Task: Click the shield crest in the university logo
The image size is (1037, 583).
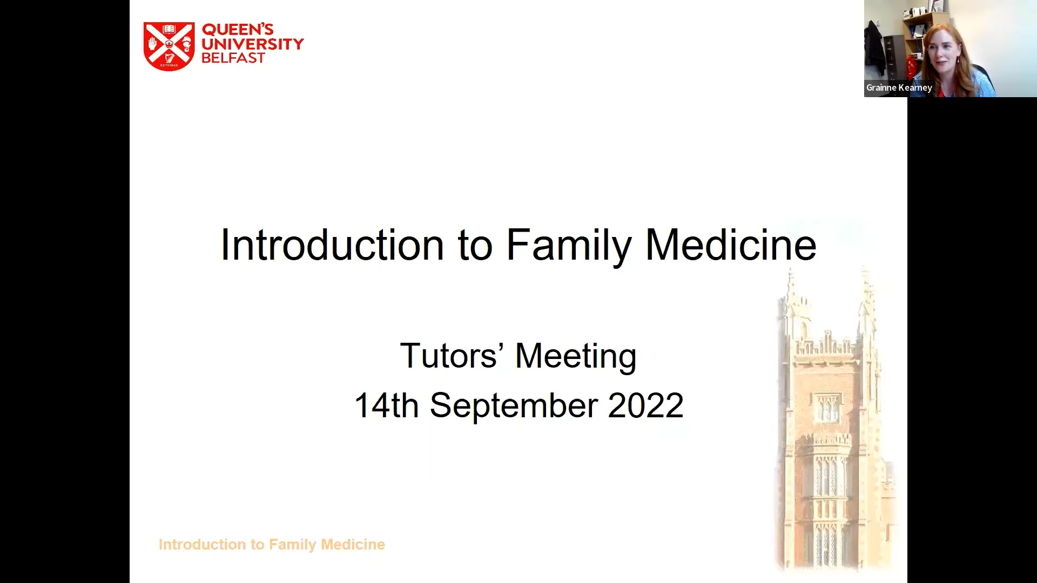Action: [x=169, y=46]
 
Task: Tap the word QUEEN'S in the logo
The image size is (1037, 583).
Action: [x=238, y=29]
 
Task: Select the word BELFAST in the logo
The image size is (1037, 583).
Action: [x=233, y=58]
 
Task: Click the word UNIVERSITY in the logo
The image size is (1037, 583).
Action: [x=252, y=44]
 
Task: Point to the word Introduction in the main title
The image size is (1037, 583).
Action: [x=332, y=245]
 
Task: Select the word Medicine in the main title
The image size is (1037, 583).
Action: [x=731, y=245]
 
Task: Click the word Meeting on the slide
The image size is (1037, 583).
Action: [x=576, y=357]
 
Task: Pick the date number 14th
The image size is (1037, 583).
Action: [x=386, y=405]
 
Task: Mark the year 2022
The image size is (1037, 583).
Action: [x=645, y=405]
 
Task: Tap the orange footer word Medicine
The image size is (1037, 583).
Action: [x=353, y=544]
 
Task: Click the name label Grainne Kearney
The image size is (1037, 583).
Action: [x=899, y=87]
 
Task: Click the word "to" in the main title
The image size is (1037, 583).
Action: [x=475, y=245]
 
